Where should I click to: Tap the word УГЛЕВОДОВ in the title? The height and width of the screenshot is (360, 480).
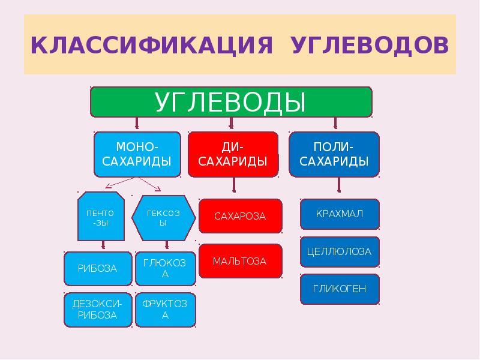[370, 46]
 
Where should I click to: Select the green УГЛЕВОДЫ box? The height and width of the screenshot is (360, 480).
[231, 102]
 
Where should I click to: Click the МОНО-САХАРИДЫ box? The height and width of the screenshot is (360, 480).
[137, 155]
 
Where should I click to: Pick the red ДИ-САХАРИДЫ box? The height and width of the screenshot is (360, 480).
[233, 155]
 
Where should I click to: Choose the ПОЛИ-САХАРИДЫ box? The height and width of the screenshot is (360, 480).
[334, 155]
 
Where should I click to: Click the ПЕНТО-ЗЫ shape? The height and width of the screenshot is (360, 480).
[101, 217]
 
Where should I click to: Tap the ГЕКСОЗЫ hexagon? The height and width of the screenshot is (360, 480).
[163, 217]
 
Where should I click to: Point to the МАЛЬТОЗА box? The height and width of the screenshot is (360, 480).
[240, 261]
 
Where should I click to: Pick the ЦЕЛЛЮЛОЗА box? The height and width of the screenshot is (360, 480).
[340, 251]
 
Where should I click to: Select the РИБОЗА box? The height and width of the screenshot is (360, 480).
[98, 268]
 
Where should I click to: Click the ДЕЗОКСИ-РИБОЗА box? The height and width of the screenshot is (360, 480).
[98, 310]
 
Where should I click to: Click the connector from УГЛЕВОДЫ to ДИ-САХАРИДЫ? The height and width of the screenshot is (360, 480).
[232, 124]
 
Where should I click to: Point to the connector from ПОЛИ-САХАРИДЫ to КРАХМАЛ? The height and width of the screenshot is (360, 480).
[340, 188]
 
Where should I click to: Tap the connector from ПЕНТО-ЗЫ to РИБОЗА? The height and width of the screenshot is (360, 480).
[104, 245]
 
